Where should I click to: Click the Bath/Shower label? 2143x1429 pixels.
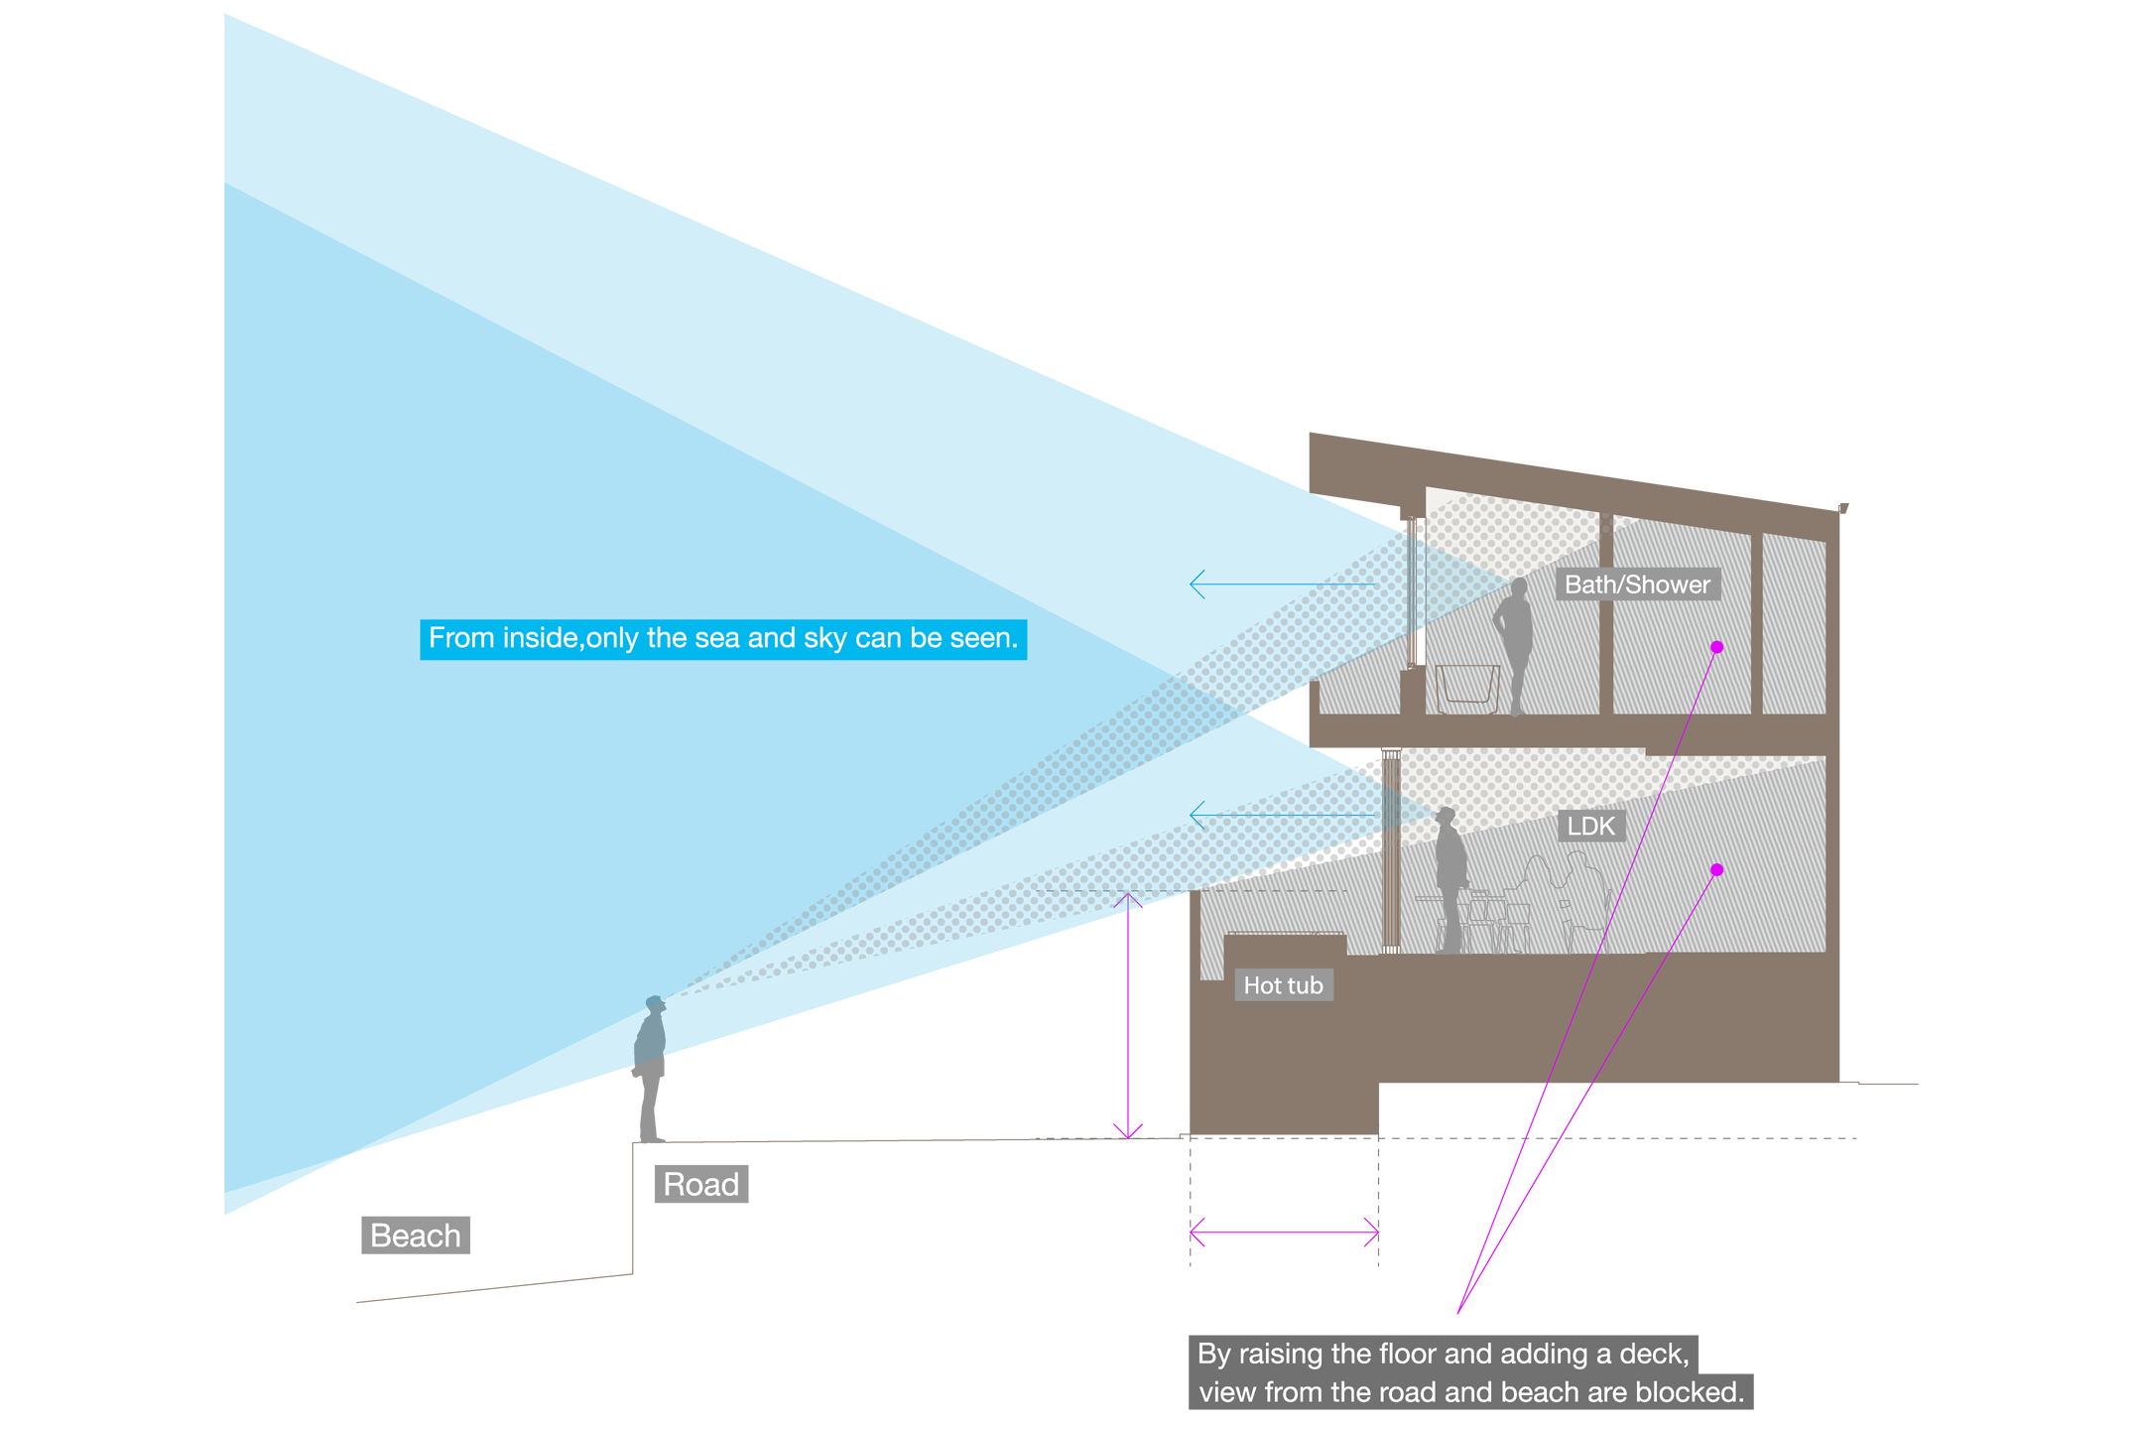click(1637, 585)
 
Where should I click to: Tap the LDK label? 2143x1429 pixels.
click(1590, 826)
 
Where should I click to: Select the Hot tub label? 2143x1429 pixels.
click(1283, 985)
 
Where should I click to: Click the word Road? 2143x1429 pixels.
click(700, 1184)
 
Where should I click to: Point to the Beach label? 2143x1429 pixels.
click(416, 1235)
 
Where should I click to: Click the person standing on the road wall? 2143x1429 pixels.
click(651, 1032)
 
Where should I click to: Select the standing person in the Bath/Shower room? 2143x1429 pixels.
click(1516, 645)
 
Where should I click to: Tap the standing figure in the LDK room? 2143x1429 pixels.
click(1450, 873)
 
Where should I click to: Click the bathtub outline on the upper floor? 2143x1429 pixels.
click(1466, 687)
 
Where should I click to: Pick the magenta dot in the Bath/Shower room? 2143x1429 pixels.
click(1716, 647)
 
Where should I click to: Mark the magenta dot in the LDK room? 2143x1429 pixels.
click(1716, 870)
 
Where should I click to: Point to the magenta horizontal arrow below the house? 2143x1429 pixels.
click(1290, 1231)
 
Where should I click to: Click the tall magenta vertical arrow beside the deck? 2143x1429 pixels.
click(1128, 1012)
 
